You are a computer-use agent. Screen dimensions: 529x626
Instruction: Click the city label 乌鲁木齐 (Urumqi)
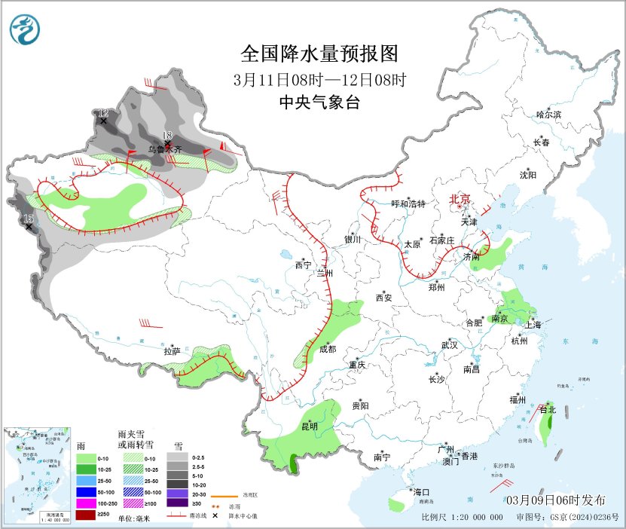pos(164,150)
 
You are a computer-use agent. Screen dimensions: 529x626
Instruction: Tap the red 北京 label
pos(460,199)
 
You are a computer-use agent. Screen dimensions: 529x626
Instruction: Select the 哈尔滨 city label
pos(548,115)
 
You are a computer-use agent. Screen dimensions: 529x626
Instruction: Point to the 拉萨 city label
pos(172,351)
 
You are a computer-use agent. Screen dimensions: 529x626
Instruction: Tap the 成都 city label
pos(327,349)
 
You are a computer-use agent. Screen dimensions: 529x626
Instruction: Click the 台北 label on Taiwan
pos(548,410)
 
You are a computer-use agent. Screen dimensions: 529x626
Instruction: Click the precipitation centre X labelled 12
pos(103,121)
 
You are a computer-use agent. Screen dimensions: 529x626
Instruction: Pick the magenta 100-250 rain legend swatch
pos(86,503)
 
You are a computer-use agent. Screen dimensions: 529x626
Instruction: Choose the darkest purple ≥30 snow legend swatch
pos(177,503)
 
